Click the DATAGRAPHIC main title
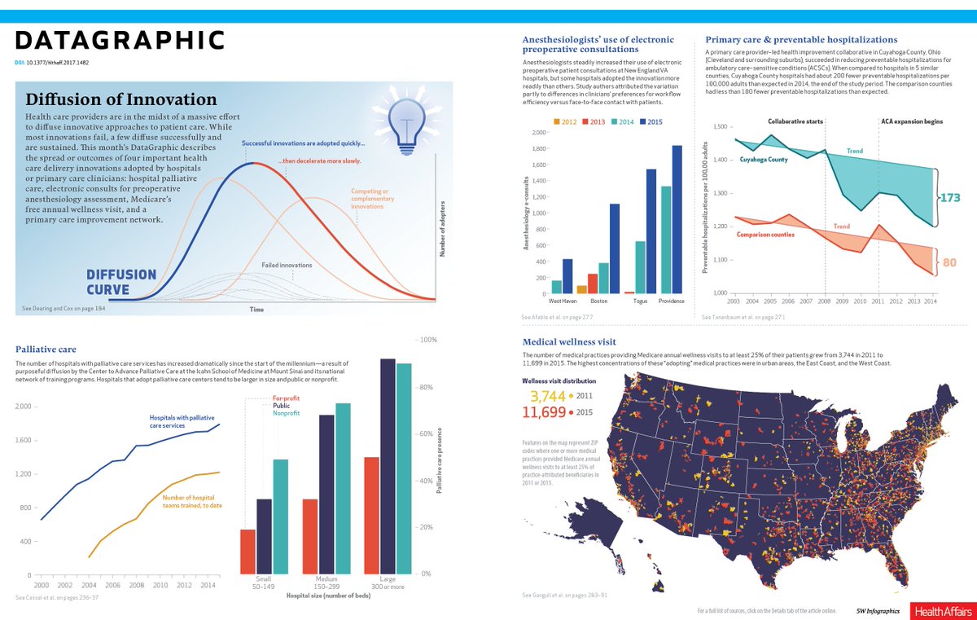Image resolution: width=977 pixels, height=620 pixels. [120, 41]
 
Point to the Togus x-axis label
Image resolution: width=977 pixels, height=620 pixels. [641, 301]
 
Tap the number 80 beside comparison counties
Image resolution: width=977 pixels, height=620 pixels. [949, 263]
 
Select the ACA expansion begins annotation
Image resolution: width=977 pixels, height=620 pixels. [911, 121]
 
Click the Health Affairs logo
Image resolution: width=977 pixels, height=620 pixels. [939, 610]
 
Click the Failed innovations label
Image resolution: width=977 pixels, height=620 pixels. [287, 266]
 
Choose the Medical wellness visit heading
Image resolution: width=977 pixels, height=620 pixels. [569, 341]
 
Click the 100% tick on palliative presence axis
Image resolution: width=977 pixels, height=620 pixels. [428, 340]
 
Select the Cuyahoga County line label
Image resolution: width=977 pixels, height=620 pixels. [763, 160]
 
